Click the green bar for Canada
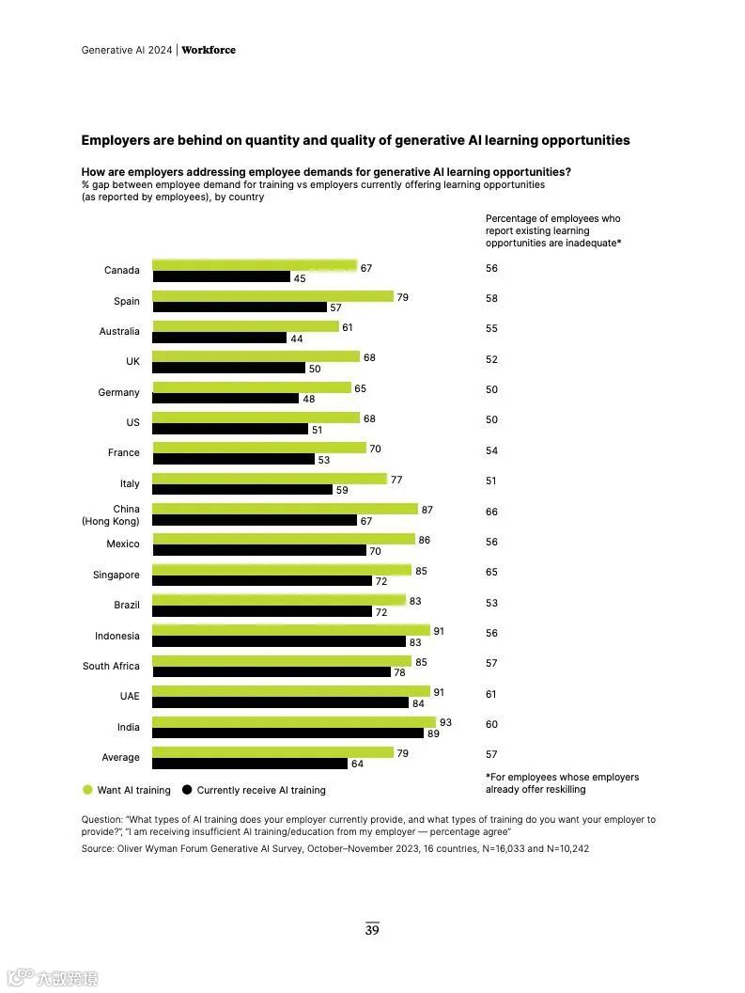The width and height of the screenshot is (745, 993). coord(255,265)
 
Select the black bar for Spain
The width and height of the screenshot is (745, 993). coord(240,307)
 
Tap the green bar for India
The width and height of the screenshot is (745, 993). coord(294,721)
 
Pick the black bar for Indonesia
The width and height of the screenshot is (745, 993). coord(278,641)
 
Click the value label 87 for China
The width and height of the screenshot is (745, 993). coord(427,509)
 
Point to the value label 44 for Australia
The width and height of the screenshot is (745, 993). coord(296,339)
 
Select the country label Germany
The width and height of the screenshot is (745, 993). coord(118,392)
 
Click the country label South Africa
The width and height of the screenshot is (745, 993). coord(111,666)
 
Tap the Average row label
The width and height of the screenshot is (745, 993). coord(120,757)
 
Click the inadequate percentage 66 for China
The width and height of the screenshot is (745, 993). coord(491,512)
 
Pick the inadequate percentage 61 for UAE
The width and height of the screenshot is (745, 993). coord(491,694)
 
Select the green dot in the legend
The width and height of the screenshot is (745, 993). coord(87,790)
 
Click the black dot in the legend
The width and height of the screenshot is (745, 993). coord(187,790)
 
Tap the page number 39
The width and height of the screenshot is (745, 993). coord(372,930)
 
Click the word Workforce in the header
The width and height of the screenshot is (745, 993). coord(209,50)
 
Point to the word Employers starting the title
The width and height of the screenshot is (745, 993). coord(116,140)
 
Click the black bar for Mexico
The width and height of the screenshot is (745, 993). coord(259,550)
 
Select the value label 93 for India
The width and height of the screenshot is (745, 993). coord(445,722)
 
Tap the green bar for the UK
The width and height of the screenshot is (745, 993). coord(256,356)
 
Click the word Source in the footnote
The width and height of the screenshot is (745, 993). coord(98,848)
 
